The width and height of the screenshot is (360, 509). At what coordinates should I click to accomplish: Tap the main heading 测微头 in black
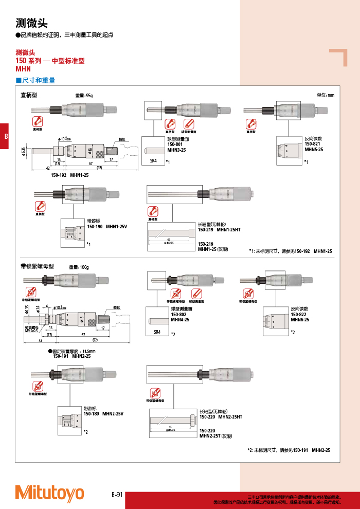pyautogui.click(x=31, y=23)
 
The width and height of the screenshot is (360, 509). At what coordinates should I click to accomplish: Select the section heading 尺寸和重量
pyautogui.click(x=38, y=81)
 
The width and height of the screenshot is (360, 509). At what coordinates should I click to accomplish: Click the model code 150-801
pyautogui.click(x=175, y=144)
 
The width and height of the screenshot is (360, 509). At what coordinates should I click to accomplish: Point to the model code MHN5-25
pyautogui.click(x=314, y=149)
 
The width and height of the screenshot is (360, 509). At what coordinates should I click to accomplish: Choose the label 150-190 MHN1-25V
pyautogui.click(x=106, y=227)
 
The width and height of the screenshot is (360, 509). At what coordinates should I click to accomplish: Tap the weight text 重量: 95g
pyautogui.click(x=84, y=96)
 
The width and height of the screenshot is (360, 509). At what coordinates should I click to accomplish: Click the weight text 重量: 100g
pyautogui.click(x=79, y=267)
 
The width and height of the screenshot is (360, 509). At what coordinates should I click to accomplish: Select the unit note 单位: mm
pyautogui.click(x=325, y=95)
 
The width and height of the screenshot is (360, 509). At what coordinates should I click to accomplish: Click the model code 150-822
pyautogui.click(x=299, y=315)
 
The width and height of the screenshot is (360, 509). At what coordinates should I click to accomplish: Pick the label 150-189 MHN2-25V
pyautogui.click(x=103, y=413)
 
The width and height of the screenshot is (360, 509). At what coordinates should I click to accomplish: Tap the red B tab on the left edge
pyautogui.click(x=5, y=137)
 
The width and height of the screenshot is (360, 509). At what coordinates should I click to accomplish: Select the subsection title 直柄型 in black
pyautogui.click(x=29, y=95)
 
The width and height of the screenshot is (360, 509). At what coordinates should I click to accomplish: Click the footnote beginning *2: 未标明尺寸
pyautogui.click(x=289, y=450)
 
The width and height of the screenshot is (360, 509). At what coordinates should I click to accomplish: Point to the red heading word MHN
pyautogui.click(x=23, y=68)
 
